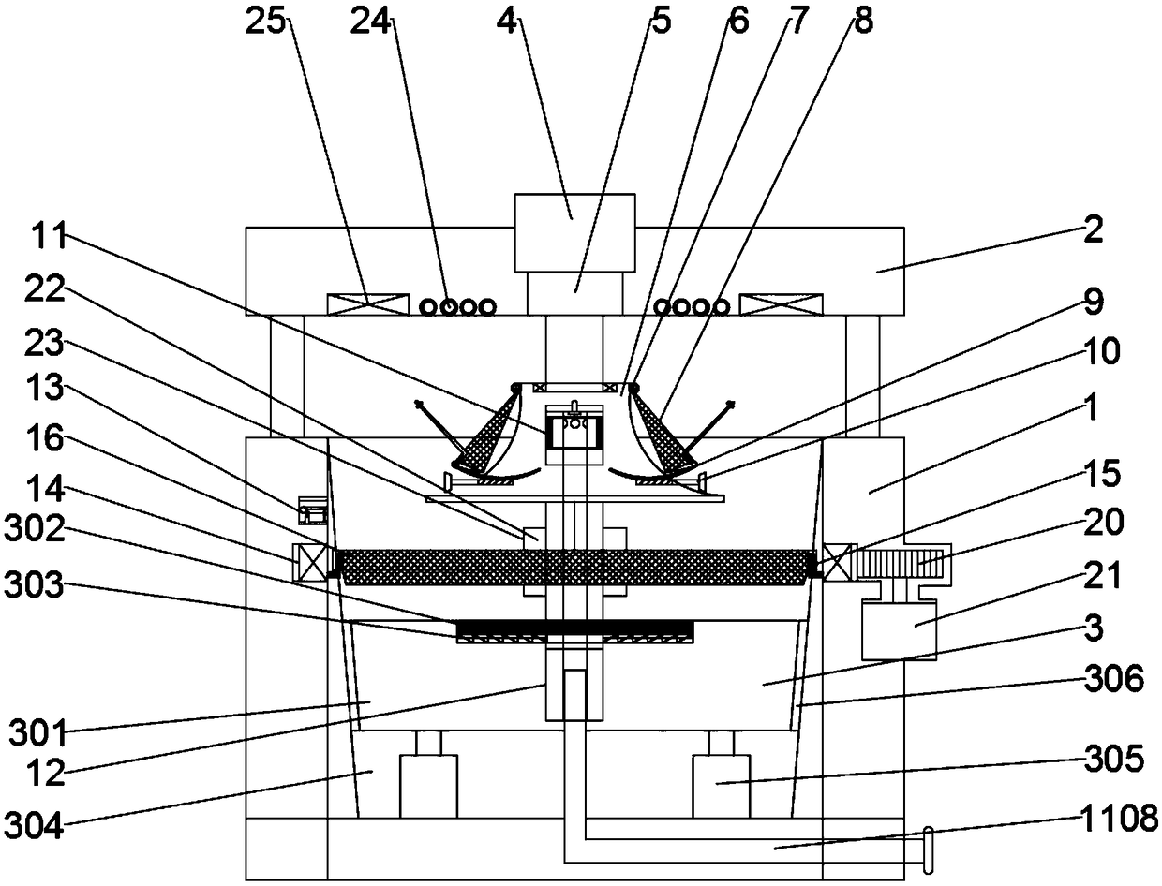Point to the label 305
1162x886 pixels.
[1115, 759]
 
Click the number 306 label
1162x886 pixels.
[1115, 681]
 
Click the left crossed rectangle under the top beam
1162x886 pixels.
[367, 304]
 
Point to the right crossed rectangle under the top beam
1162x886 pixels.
[782, 304]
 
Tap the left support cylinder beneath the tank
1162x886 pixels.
[429, 785]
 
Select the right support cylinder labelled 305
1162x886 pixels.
[722, 785]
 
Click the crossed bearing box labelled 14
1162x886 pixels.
[312, 563]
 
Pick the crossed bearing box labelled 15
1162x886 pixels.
[840, 562]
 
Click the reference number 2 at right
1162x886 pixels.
[1093, 229]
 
